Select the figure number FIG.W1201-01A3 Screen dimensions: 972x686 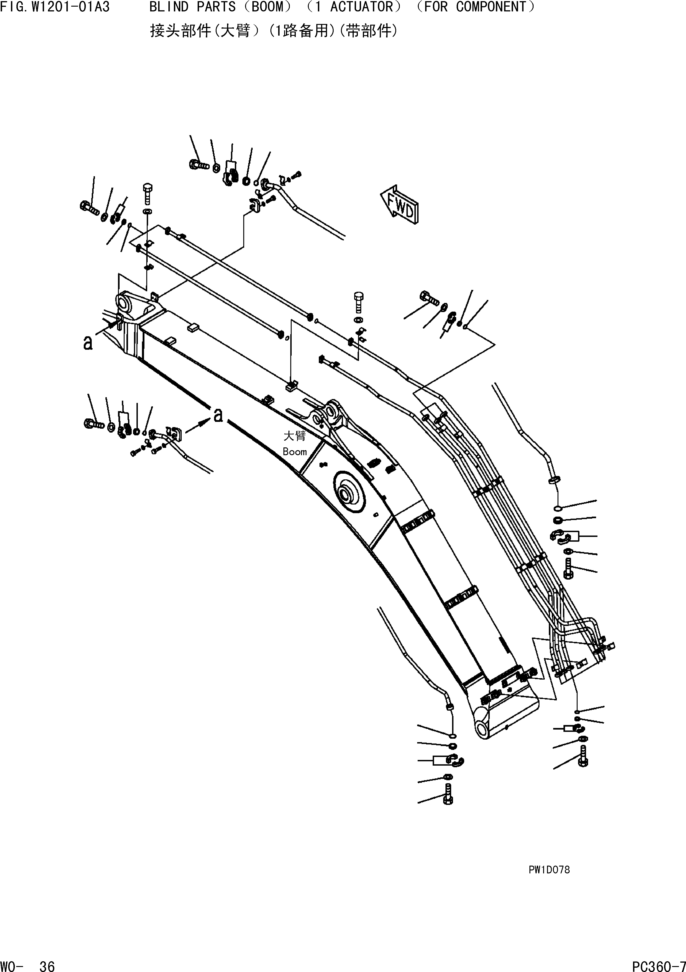pos(55,7)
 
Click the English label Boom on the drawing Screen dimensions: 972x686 pos(295,452)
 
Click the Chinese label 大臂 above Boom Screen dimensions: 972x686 pos(295,436)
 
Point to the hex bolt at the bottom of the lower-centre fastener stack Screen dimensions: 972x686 pos(449,799)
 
